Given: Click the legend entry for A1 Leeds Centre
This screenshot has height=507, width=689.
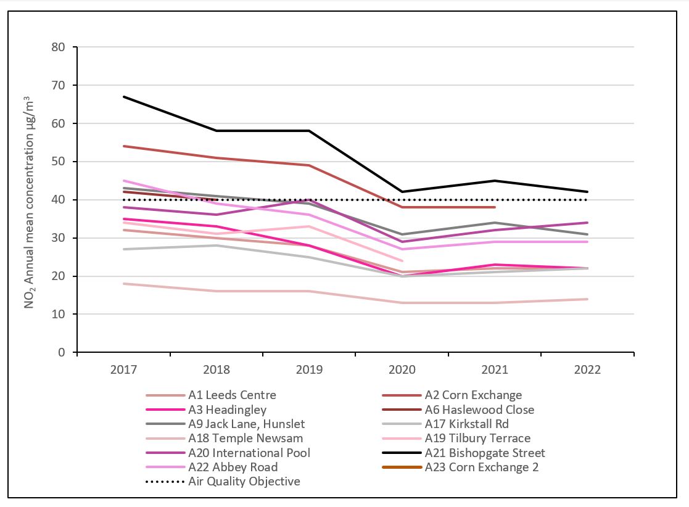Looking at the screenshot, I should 232,395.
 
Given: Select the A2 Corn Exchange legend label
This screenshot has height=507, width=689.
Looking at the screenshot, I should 473,395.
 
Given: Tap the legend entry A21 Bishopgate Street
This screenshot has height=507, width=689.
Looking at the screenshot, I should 485,453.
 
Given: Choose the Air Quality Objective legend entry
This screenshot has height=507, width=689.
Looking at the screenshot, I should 244,482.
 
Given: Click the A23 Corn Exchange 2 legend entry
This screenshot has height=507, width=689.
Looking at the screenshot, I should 482,468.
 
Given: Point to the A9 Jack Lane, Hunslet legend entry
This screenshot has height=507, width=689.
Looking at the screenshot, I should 246,424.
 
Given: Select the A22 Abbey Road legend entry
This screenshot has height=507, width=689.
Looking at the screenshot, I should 233,468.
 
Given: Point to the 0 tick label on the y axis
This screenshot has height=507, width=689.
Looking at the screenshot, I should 61,353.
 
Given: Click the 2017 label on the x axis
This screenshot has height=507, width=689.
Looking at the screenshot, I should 123,370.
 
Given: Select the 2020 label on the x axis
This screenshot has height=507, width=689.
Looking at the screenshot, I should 402,370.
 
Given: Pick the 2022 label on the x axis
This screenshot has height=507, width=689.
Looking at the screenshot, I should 587,370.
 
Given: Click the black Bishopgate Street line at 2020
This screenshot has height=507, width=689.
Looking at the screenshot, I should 402,192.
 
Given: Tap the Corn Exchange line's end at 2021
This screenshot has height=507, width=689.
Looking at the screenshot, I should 495,207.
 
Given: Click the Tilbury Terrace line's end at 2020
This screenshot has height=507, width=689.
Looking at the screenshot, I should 402,261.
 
